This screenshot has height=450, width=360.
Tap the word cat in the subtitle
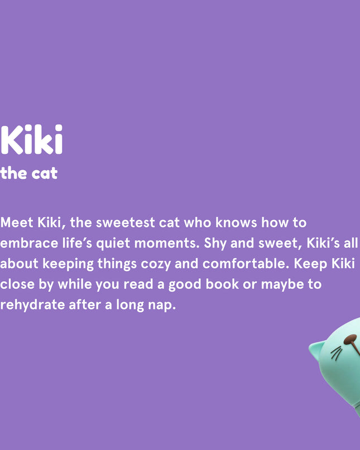44,173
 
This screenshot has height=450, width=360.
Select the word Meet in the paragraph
17,222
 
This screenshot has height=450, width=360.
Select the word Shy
215,244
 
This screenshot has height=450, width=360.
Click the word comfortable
243,264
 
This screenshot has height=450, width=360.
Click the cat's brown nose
351,339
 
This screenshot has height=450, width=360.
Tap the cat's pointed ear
317,349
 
